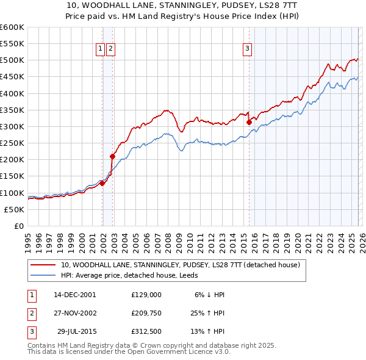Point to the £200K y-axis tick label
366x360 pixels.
point(12,159)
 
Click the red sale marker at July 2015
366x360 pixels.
point(249,123)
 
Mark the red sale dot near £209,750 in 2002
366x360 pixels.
point(112,156)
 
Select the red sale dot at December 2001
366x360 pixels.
point(102,183)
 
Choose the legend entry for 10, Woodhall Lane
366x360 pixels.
point(180,265)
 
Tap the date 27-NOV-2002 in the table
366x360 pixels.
point(75,313)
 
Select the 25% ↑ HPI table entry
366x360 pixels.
point(207,313)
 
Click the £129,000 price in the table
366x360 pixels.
point(146,294)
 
